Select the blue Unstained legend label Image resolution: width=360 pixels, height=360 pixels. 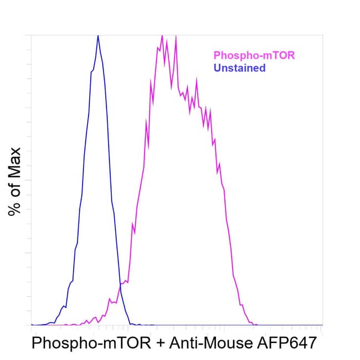pos(240,68)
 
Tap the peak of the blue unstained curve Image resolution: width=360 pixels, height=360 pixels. pos(98,35)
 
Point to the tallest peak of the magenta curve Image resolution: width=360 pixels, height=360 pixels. pos(162,36)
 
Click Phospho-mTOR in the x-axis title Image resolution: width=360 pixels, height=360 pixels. pos(91,343)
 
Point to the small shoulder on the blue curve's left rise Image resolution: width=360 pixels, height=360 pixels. pos(70,282)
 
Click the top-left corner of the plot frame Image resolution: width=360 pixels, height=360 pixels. pos(32,35)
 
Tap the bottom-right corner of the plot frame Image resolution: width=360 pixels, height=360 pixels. pos(323,325)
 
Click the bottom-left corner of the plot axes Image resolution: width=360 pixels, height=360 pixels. pos(32,325)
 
